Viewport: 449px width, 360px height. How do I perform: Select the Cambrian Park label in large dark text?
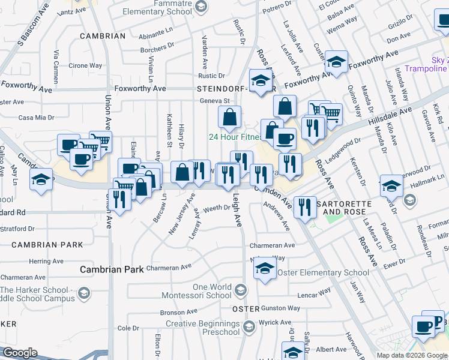tap(112, 269)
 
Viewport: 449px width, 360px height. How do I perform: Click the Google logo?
tap(20, 353)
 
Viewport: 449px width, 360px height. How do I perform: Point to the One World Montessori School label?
tap(203, 291)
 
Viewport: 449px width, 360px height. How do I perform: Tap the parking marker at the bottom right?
tap(433, 322)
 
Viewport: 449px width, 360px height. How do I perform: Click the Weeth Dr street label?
tap(217, 209)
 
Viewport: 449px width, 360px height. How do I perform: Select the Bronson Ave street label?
tap(179, 313)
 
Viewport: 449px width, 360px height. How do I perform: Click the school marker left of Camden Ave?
tap(41, 181)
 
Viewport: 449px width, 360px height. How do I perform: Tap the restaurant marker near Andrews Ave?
tap(306, 208)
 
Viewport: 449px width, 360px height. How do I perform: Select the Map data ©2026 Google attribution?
tap(412, 355)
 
